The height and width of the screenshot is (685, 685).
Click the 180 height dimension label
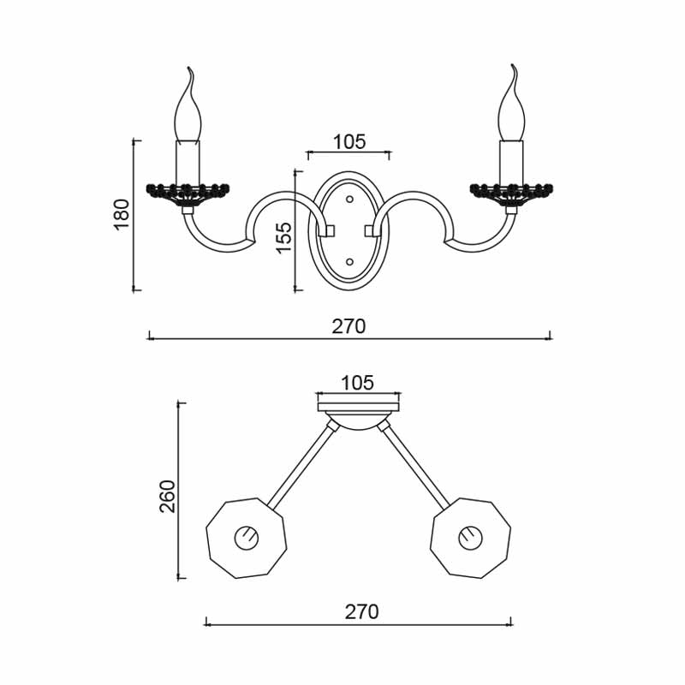[x=122, y=214]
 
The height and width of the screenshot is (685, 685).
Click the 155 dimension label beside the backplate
[x=283, y=237]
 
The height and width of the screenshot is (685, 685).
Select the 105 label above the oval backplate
[x=348, y=142]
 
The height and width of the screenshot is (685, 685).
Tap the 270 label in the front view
[x=348, y=326]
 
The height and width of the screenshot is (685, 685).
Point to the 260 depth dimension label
[x=167, y=496]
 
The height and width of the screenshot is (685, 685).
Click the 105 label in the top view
[x=357, y=383]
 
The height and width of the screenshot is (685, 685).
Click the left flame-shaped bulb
[x=188, y=111]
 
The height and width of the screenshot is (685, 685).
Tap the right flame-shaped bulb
[x=512, y=111]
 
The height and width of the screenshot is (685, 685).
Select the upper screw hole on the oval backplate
[x=349, y=200]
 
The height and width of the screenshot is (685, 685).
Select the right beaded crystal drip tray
[x=512, y=190]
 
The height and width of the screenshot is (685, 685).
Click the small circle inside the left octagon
[x=247, y=539]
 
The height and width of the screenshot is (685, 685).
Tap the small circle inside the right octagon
[x=470, y=539]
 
